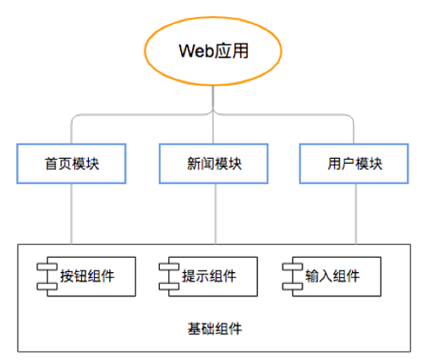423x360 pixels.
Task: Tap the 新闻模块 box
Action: click(213, 163)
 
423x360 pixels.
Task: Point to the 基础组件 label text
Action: click(212, 326)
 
